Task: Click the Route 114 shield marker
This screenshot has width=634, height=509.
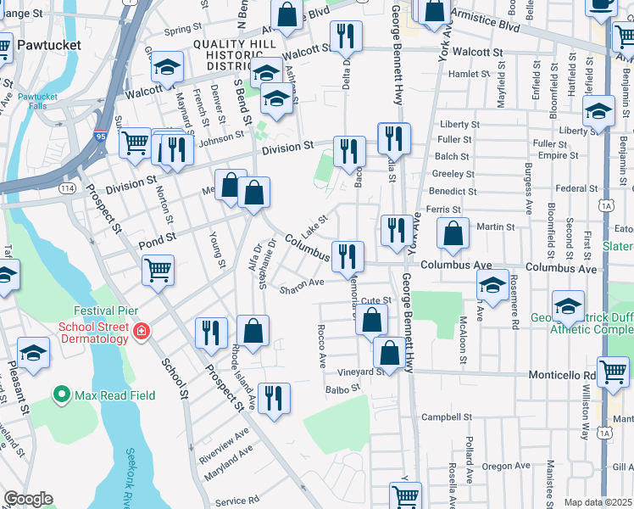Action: (68, 187)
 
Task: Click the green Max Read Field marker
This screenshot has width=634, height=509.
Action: (61, 394)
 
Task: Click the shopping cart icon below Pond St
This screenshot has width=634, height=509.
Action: (158, 271)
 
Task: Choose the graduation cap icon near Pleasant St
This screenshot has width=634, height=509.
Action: (33, 354)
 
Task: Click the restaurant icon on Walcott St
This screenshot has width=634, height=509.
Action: (345, 36)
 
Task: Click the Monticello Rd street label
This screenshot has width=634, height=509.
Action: (564, 374)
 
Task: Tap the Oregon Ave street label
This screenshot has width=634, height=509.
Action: (507, 466)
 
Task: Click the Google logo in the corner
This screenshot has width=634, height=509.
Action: (28, 499)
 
